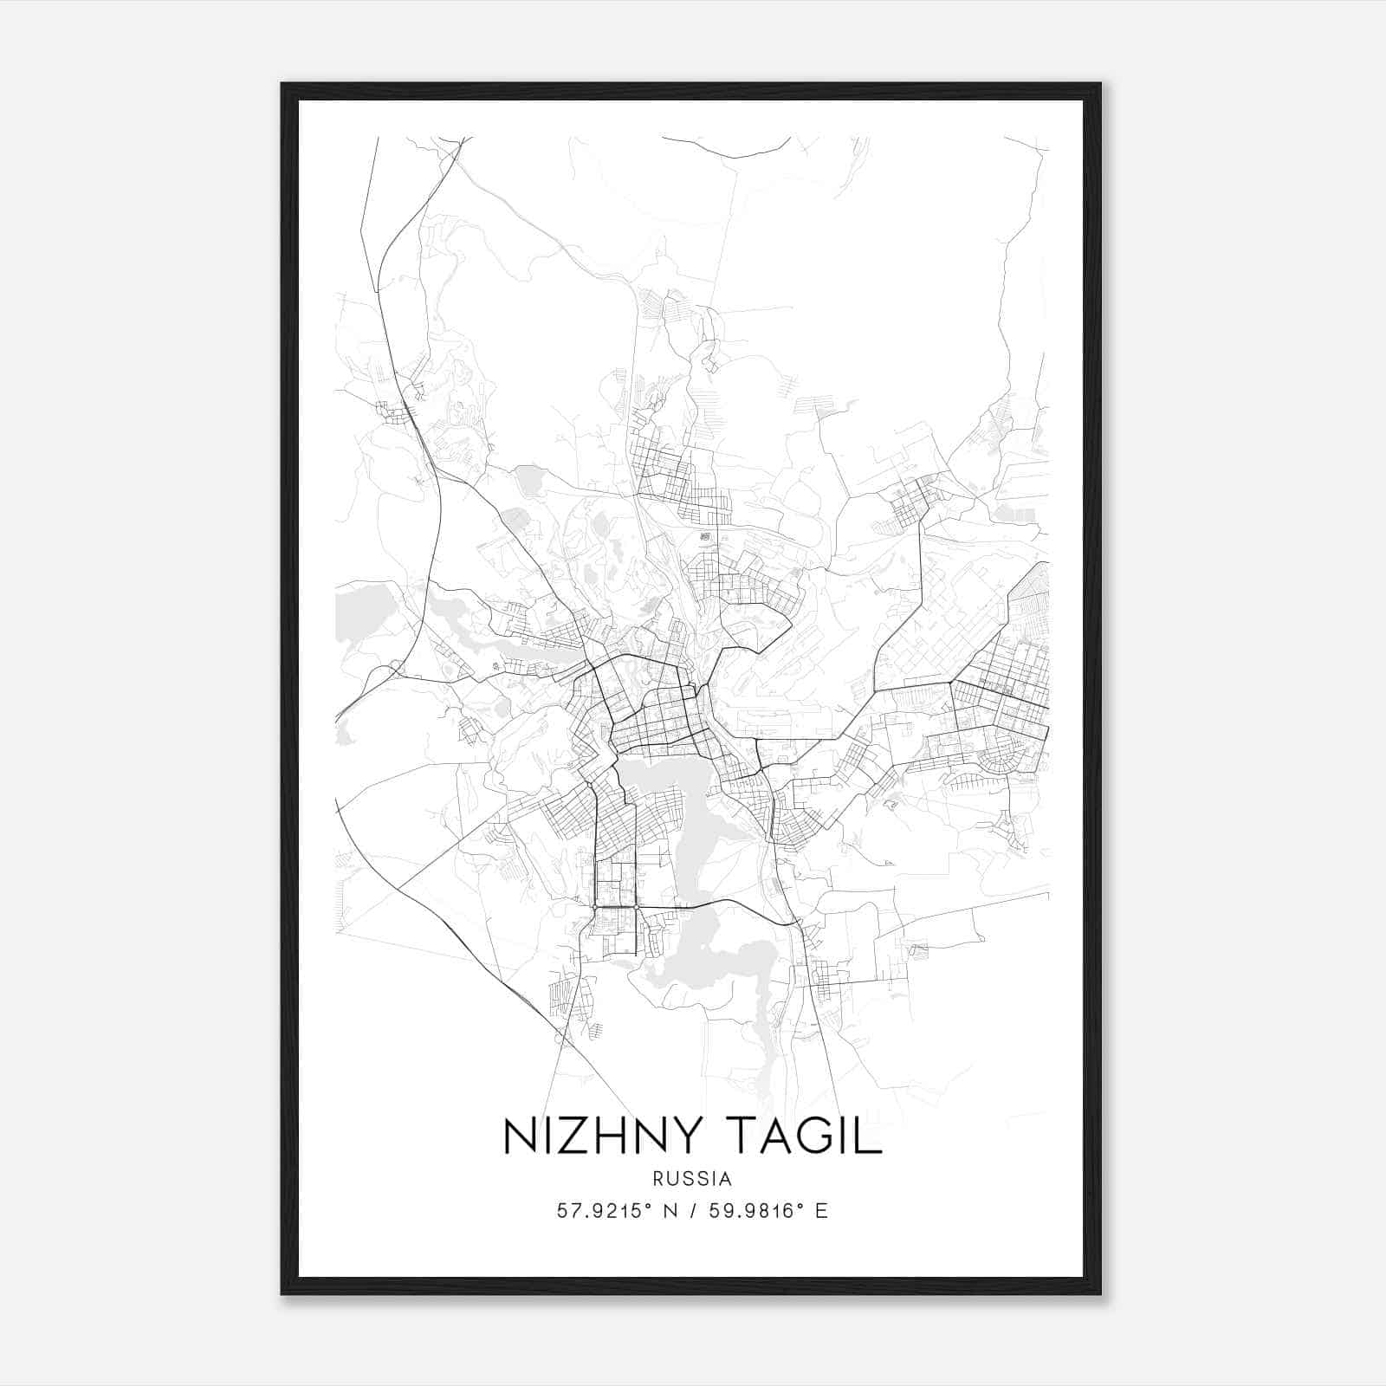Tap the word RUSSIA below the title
pos(693,1179)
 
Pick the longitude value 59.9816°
pos(757,1211)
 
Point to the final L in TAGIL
pos(870,1137)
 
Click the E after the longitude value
pos(821,1211)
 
